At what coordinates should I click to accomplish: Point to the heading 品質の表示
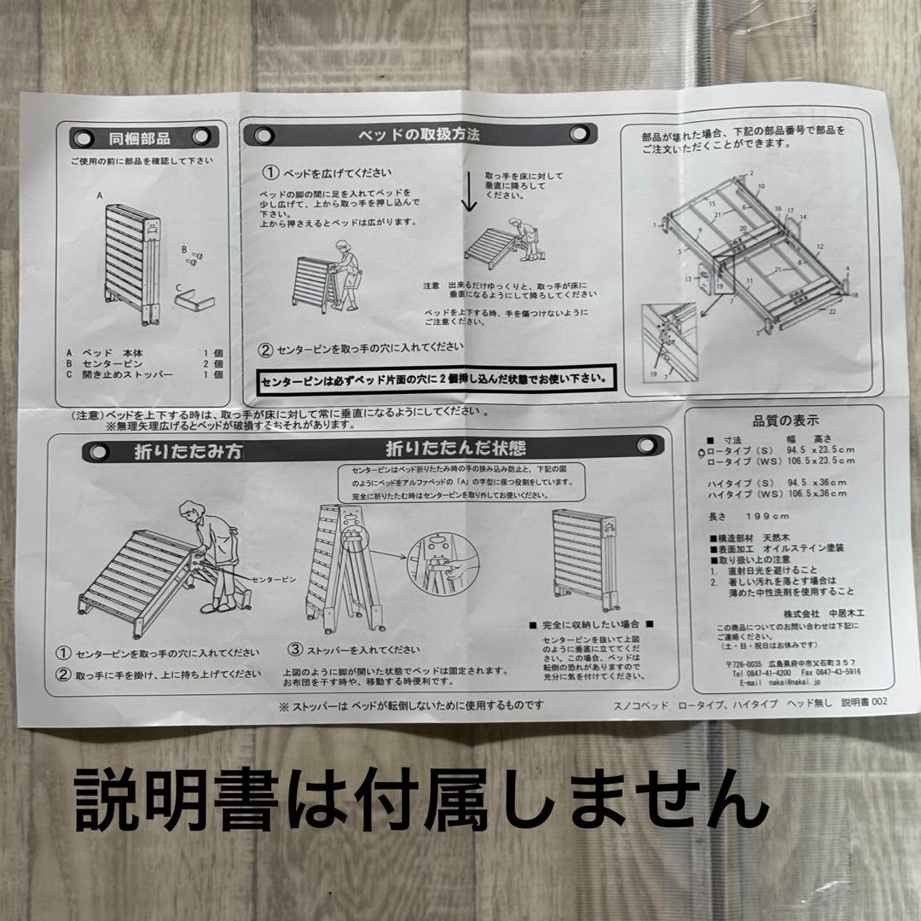tap(785, 420)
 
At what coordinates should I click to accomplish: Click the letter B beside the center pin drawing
tap(183, 250)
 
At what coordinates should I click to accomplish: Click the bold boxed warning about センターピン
tap(436, 376)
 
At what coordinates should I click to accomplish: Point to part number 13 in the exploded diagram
tap(686, 278)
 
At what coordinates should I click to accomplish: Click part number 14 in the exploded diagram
tap(802, 217)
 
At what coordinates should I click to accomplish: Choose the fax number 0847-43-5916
tap(823, 670)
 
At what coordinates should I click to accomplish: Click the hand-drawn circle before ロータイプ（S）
tap(701, 453)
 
